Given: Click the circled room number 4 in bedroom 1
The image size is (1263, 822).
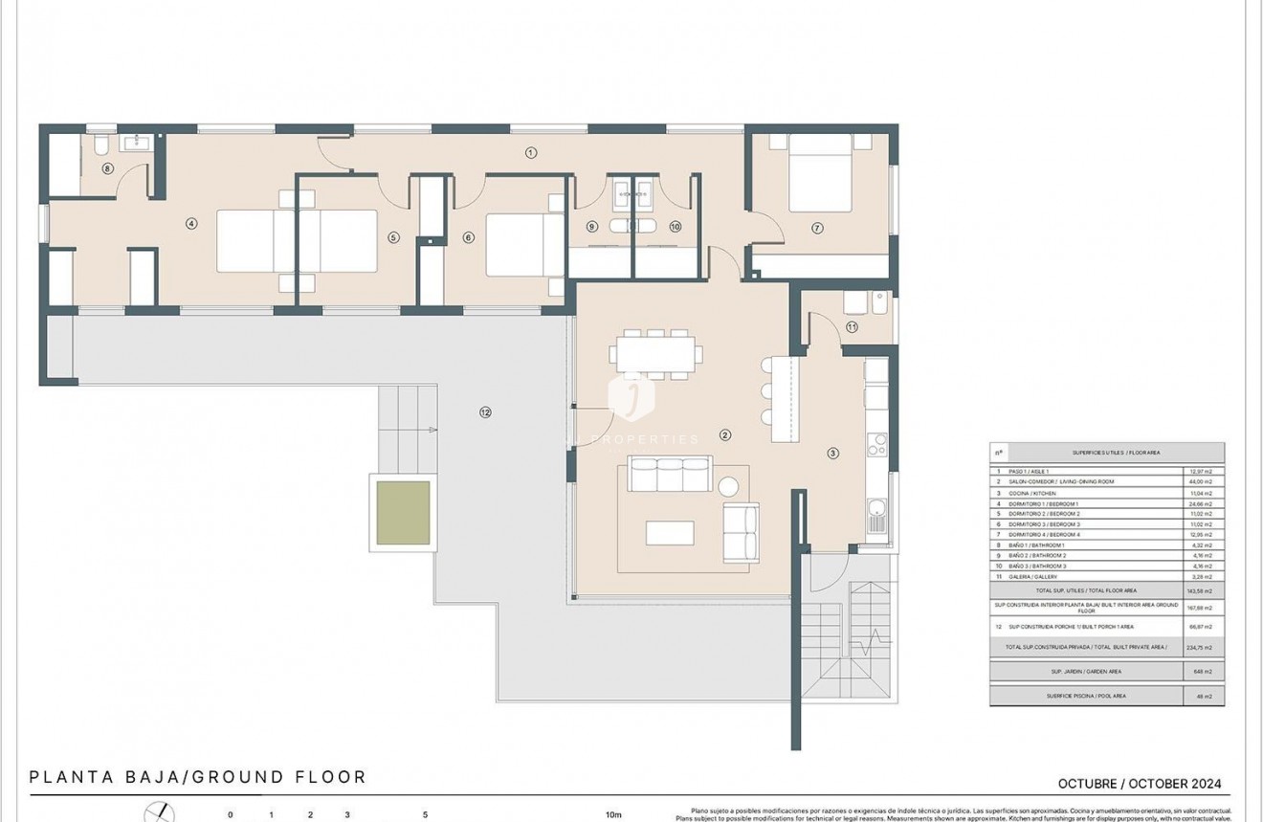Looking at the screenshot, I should coord(191,224).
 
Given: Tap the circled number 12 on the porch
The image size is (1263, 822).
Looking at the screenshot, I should coord(486,412).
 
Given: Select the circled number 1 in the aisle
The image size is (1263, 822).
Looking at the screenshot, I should coord(531,152).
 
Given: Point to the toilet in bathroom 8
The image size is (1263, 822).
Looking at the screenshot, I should coord(101,144).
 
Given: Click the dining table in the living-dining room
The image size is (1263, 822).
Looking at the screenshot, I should coord(655,353).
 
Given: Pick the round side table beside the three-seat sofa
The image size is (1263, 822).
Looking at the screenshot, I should coord(729,484).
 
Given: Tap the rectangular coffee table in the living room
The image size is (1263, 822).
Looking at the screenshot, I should coord(670,532).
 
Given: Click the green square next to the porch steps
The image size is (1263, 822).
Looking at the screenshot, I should coord(403,513).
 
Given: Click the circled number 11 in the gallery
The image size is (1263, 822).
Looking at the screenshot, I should coord(852,327).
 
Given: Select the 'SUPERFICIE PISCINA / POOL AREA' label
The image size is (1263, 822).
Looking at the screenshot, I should coord(1086,696).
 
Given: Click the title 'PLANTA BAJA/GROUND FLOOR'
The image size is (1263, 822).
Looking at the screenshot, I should coord(198,777).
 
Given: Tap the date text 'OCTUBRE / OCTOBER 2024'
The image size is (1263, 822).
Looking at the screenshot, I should coord(1139,784).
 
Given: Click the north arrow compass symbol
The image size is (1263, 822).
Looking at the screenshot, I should coord(159,813).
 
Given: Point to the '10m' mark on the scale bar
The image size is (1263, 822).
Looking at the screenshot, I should coord(613,815).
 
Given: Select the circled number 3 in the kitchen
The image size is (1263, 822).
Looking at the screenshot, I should coord(832,454).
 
